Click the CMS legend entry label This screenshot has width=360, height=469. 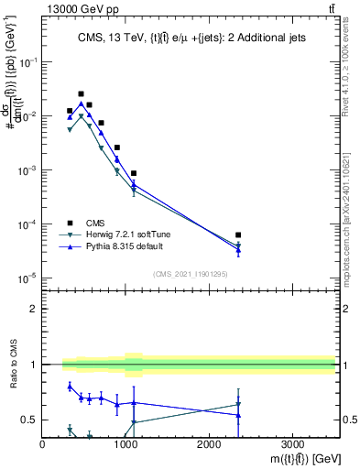click(96, 222)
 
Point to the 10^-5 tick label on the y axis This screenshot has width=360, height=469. click(27, 278)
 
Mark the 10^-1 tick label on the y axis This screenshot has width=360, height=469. click(27, 62)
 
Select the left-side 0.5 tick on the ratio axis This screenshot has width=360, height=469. click(31, 420)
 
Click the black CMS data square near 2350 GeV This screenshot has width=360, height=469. click(238, 235)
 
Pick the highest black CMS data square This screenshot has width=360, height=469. click(81, 93)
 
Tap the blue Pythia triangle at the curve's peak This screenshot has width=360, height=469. click(81, 104)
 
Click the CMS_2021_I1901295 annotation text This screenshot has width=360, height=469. click(191, 274)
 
